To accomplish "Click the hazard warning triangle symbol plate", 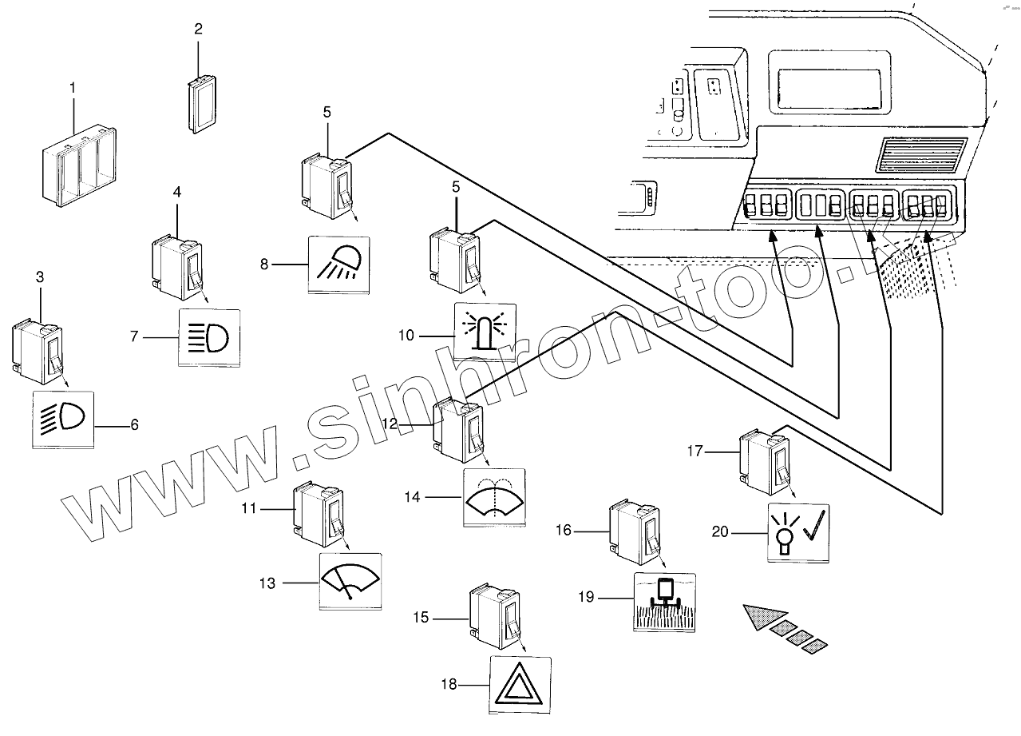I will click(x=520, y=685).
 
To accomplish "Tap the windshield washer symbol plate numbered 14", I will click(x=494, y=496).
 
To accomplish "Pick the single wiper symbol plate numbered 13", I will click(x=350, y=581).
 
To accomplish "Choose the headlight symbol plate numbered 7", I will click(x=208, y=336).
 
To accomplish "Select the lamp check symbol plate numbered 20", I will click(x=798, y=532).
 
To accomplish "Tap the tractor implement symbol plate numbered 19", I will click(x=663, y=602).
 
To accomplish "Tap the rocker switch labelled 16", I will click(x=633, y=528).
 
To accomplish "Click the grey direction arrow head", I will click(x=762, y=618).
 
